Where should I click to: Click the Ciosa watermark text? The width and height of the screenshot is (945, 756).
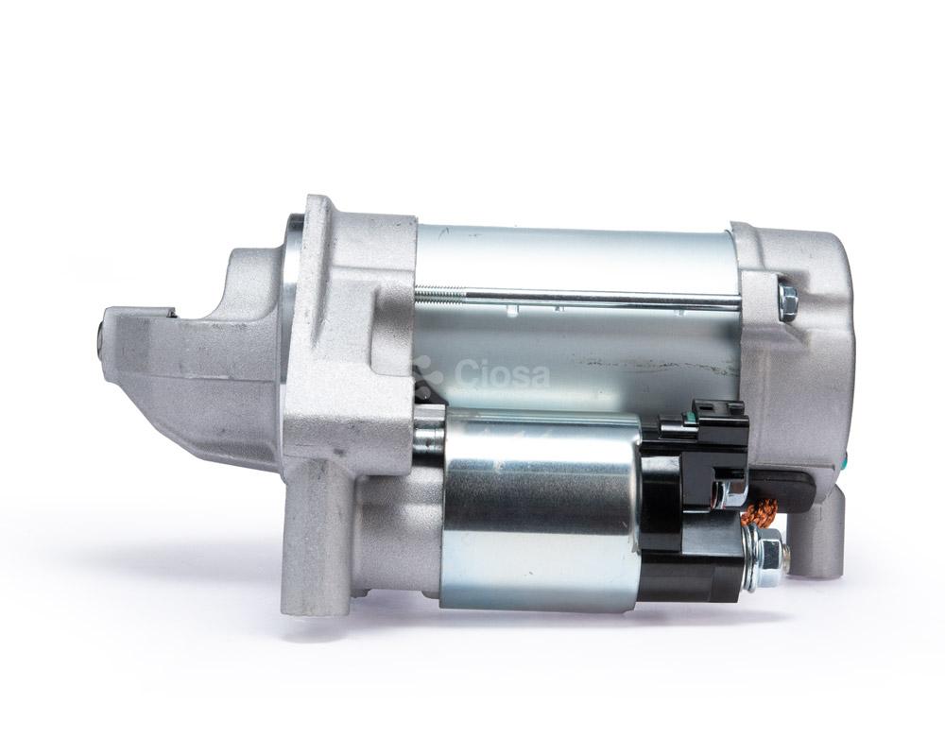click(x=502, y=373)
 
